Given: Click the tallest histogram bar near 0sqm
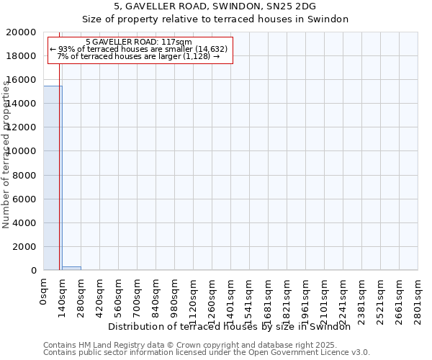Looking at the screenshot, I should click(x=52, y=178).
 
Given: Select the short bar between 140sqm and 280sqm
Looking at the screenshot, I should click(x=71, y=268).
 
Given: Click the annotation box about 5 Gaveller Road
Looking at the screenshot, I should click(x=140, y=50).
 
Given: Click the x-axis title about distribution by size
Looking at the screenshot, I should click(x=234, y=327).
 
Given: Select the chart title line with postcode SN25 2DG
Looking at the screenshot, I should click(x=215, y=6).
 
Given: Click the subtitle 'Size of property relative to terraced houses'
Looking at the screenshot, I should click(x=215, y=19).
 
